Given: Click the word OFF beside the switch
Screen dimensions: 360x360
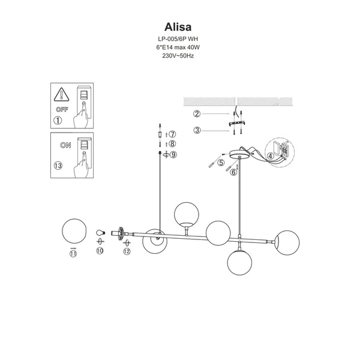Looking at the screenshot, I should click(61, 110).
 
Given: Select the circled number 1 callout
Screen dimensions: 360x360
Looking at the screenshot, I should click(58, 120).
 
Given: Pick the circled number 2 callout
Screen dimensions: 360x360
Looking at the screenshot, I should click(196, 113).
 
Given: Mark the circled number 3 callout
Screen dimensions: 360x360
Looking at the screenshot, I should click(196, 130).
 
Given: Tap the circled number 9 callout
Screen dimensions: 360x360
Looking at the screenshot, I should click(173, 155).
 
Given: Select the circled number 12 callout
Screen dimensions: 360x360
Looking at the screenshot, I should click(127, 251).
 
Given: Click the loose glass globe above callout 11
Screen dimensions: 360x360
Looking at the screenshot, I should click(75, 232).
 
